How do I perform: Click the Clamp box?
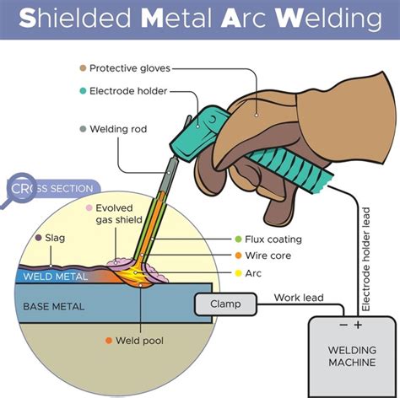[x=225, y=304]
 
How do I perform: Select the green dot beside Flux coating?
[x=237, y=239]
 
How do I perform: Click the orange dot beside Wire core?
[x=237, y=256]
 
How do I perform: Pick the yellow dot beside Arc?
[x=237, y=273]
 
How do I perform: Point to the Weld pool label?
[x=142, y=341]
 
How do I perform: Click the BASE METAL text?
[x=55, y=305]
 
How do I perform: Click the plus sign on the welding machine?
[x=358, y=324]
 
